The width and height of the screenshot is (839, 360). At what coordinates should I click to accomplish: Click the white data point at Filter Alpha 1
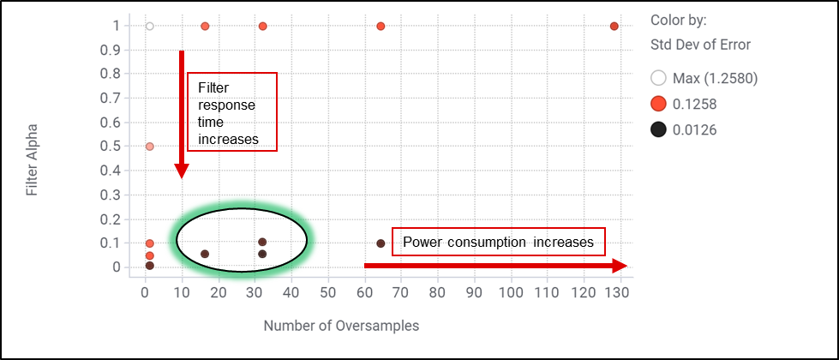pos(150,27)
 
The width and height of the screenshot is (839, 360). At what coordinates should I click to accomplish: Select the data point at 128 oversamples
pos(614,27)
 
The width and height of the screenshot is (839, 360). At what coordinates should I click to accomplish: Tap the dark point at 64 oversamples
pos(381,243)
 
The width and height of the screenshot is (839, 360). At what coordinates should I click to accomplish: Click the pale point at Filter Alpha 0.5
pos(150,147)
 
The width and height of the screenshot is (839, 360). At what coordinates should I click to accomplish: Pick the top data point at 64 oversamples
pos(381,27)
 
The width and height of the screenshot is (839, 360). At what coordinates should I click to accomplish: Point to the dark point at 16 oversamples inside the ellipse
pos(205,254)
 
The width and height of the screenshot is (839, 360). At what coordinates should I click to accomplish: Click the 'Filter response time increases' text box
pos(232,112)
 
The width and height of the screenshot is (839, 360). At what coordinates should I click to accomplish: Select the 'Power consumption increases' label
pos(498,243)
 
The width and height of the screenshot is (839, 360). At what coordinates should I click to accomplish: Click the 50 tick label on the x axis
pos(327,291)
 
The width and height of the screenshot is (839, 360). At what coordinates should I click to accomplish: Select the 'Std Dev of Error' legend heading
pos(700,45)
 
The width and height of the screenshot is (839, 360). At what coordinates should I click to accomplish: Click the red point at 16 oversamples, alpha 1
pos(205,27)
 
